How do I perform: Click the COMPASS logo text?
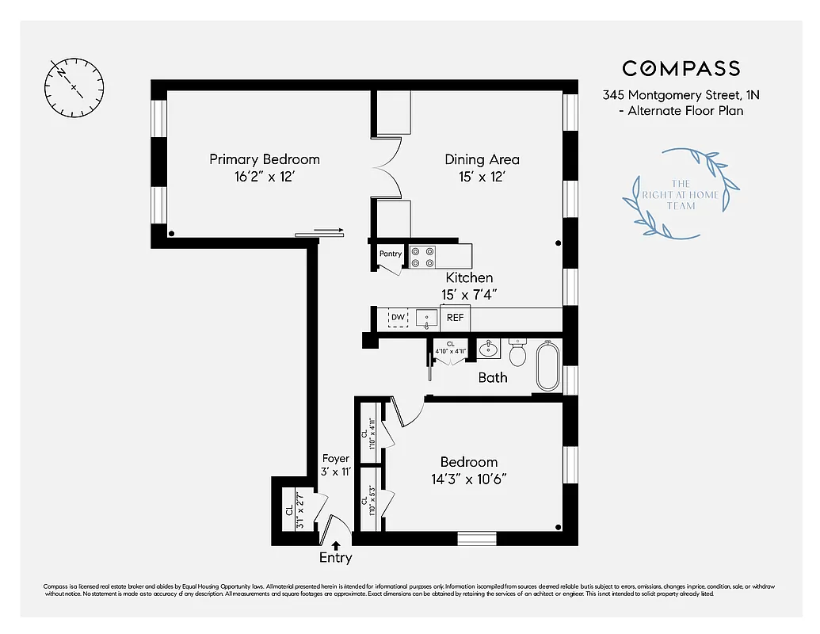(x=681, y=69)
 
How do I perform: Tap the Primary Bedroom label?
(x=265, y=159)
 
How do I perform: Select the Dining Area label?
(x=482, y=159)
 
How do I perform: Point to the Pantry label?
(x=391, y=254)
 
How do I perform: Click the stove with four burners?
(x=422, y=257)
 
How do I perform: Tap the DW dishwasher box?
(x=398, y=318)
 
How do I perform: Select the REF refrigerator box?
(x=455, y=318)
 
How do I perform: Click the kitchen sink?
(x=426, y=319)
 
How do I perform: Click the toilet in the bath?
(x=518, y=353)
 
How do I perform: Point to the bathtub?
(x=547, y=365)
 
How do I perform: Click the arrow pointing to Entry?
(x=336, y=545)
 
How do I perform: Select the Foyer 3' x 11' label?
(x=335, y=465)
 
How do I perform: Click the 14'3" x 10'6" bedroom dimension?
(x=469, y=479)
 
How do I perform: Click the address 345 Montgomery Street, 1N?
(x=681, y=94)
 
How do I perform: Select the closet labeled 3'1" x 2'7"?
(x=295, y=510)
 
